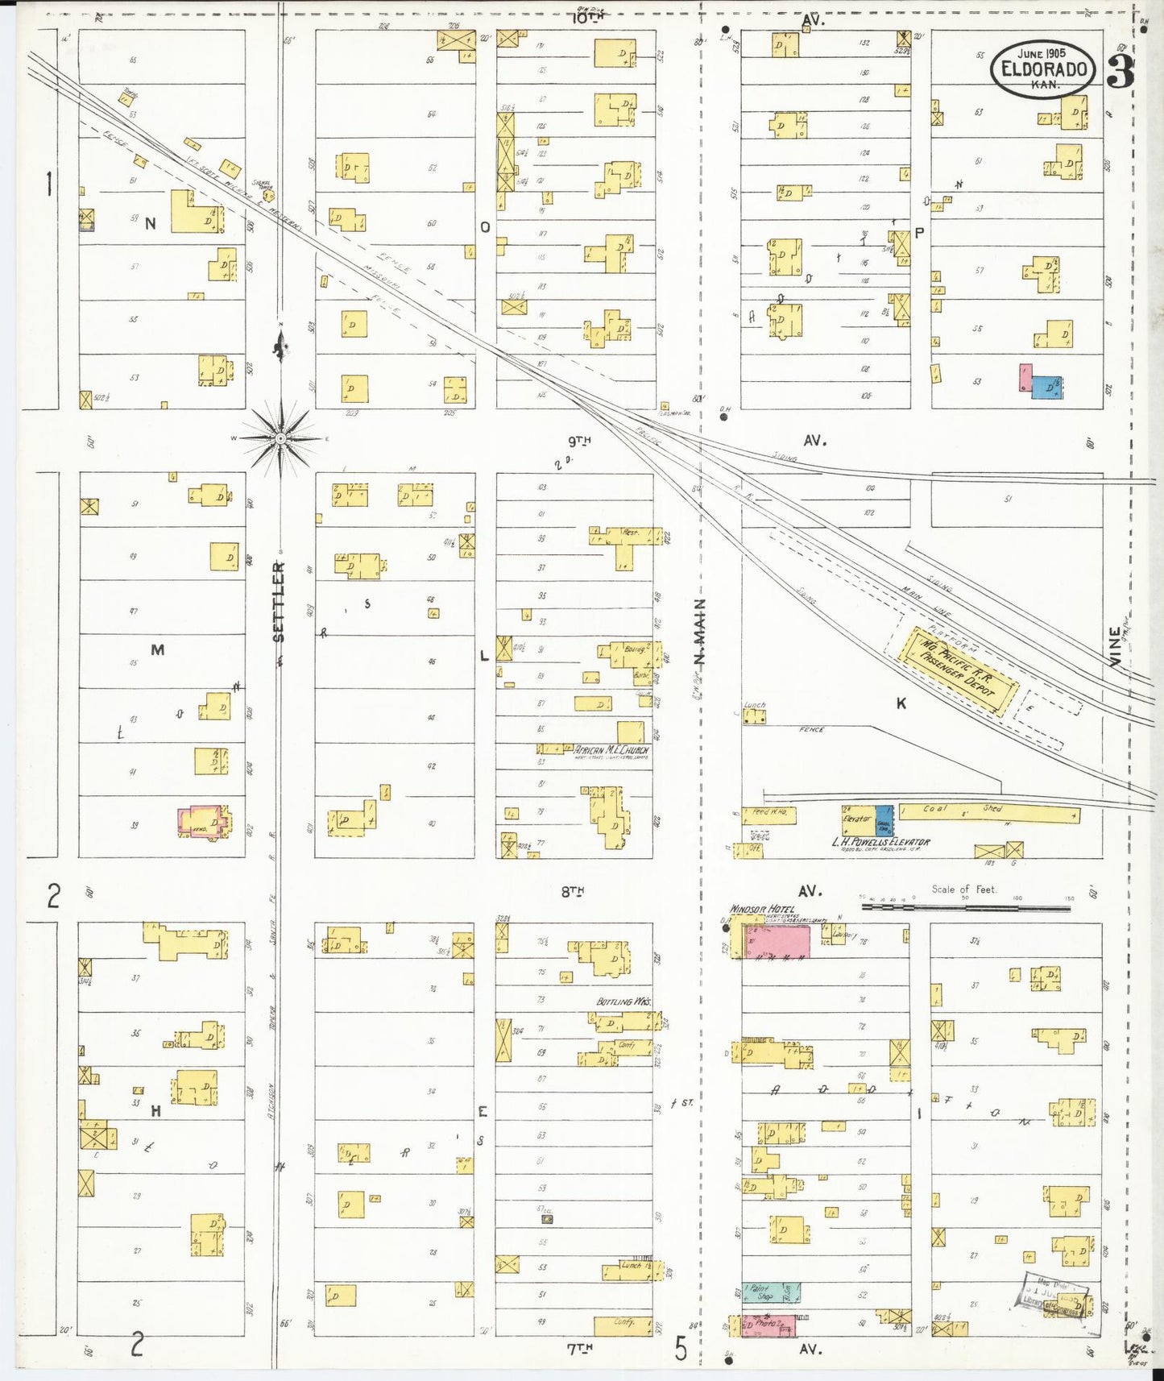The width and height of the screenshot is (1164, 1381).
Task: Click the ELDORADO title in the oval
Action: click(x=1043, y=69)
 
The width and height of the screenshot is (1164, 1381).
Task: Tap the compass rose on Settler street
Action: click(x=280, y=438)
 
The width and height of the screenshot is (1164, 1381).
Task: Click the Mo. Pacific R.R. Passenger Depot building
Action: click(x=959, y=672)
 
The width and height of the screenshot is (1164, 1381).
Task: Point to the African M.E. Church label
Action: click(x=611, y=750)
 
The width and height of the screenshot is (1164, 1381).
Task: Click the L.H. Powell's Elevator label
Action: click(x=880, y=843)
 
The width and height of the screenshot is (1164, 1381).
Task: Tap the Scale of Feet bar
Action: click(x=965, y=907)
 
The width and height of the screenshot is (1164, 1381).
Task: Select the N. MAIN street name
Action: click(x=699, y=632)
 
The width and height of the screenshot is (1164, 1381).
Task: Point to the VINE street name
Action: click(x=1115, y=646)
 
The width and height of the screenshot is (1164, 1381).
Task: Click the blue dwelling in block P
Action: click(x=1046, y=388)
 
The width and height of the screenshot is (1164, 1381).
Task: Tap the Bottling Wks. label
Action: click(x=623, y=1002)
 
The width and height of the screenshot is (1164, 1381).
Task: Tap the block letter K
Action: click(x=901, y=703)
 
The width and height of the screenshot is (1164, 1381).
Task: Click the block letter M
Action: click(x=157, y=649)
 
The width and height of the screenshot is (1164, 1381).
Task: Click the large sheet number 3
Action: click(x=1121, y=73)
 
